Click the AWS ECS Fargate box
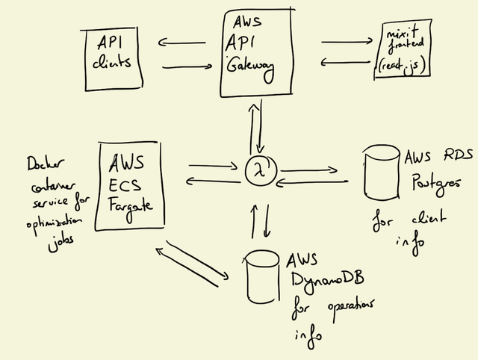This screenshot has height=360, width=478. pos(130,182)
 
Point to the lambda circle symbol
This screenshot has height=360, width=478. pos(261,171)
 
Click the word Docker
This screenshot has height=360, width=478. pos(44,164)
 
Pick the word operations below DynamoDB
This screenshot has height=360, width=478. pos(349,308)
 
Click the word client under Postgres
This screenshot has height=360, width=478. pos(427,220)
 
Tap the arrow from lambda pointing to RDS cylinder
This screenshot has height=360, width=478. pos(308,171)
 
